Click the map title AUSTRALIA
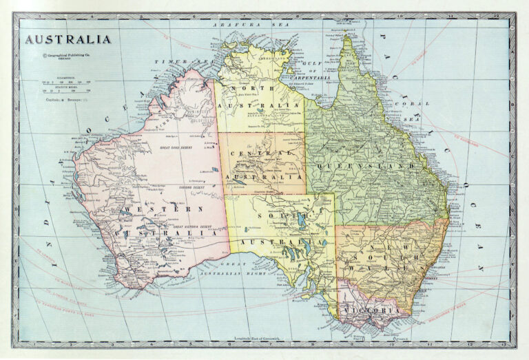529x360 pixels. coord(68,39)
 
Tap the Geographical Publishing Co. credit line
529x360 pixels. coord(68,56)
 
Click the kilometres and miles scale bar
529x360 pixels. coord(68,86)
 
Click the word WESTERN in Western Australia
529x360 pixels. coord(162,209)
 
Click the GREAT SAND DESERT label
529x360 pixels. coord(172,148)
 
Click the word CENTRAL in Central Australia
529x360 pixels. coord(262,153)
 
